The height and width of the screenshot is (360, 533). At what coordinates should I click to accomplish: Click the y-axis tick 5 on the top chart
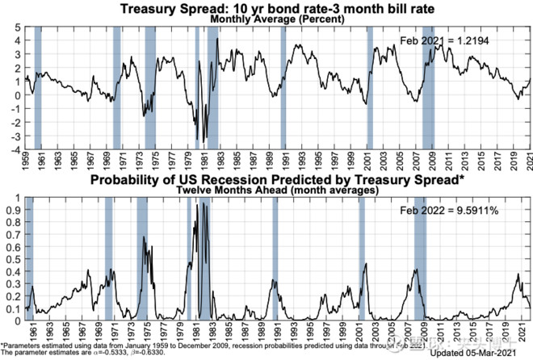coord(17,27)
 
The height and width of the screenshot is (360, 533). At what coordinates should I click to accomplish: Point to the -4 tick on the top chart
coord(15,149)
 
